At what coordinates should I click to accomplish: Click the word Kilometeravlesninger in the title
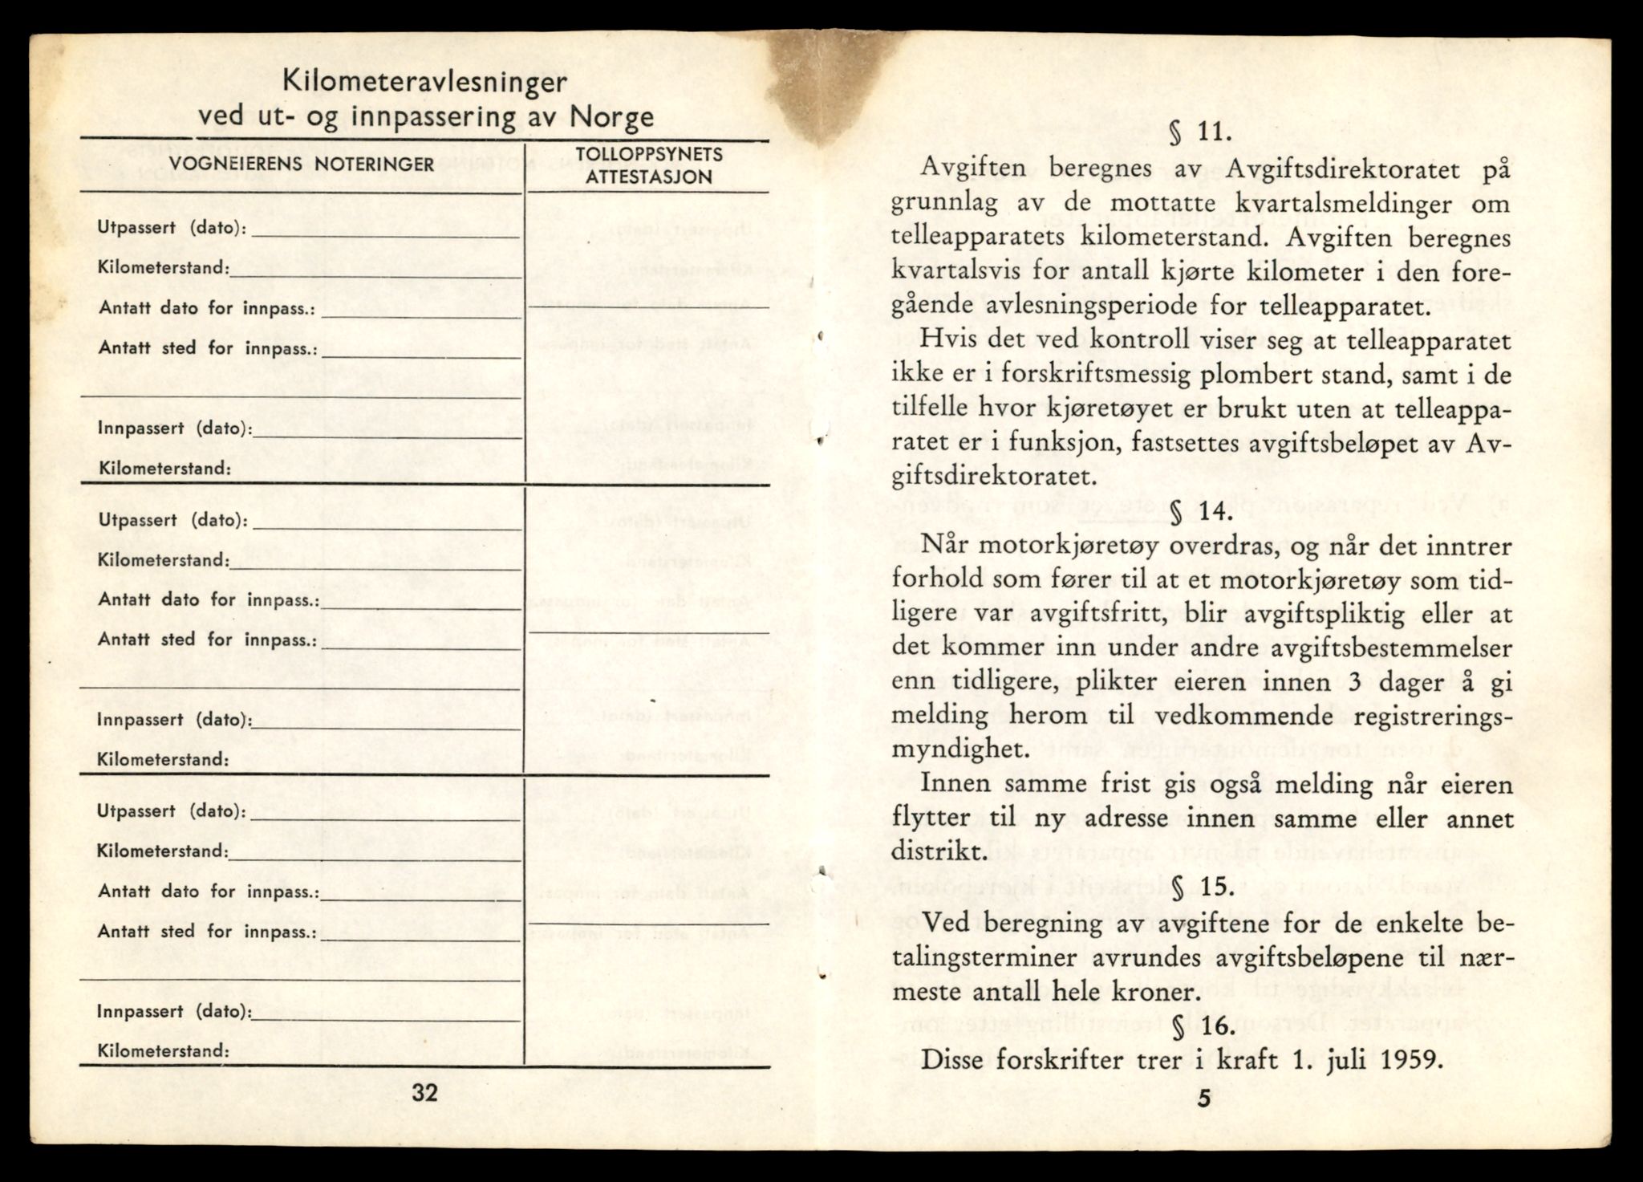pyautogui.click(x=426, y=83)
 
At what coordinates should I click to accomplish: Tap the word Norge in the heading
pyautogui.click(x=613, y=118)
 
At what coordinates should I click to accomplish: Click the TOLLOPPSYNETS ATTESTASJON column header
pyautogui.click(x=649, y=165)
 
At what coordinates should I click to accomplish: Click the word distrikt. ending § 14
pyautogui.click(x=938, y=852)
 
